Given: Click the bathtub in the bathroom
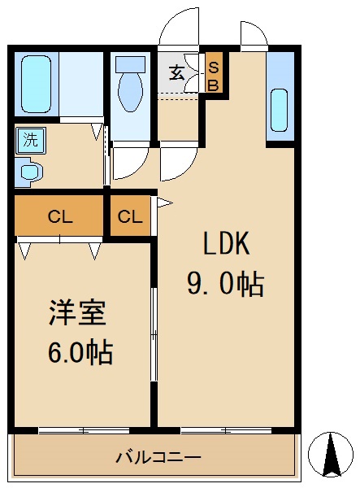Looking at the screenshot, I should tap(36, 84).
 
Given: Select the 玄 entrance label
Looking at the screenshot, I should tap(176, 73).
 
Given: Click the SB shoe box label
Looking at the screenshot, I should tap(214, 76).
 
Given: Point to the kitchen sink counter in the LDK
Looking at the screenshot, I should tap(279, 98).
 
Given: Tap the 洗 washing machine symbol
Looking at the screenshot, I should tap(30, 139).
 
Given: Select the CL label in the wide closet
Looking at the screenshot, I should tap(59, 216).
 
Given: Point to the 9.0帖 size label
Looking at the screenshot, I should tap(224, 285).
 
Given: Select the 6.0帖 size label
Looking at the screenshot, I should tap(80, 354).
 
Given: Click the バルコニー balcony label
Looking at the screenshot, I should tap(157, 458).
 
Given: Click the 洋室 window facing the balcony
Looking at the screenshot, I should tap(84, 429).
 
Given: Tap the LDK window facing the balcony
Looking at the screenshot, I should tap(226, 429).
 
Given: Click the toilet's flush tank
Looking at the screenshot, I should tap(129, 63).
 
